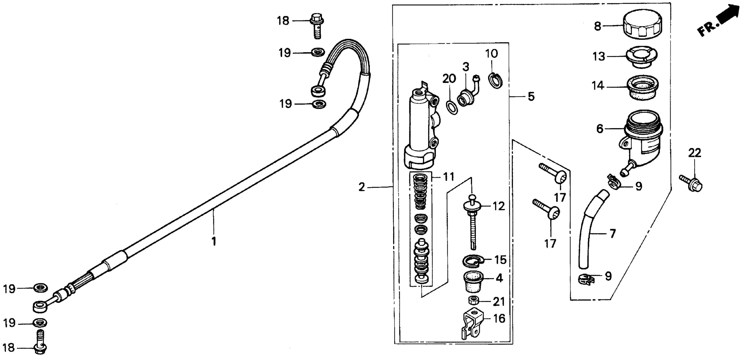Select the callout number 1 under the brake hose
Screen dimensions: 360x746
click(x=214, y=241)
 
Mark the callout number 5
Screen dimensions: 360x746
click(x=531, y=96)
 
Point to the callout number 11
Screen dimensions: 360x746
click(x=449, y=177)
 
